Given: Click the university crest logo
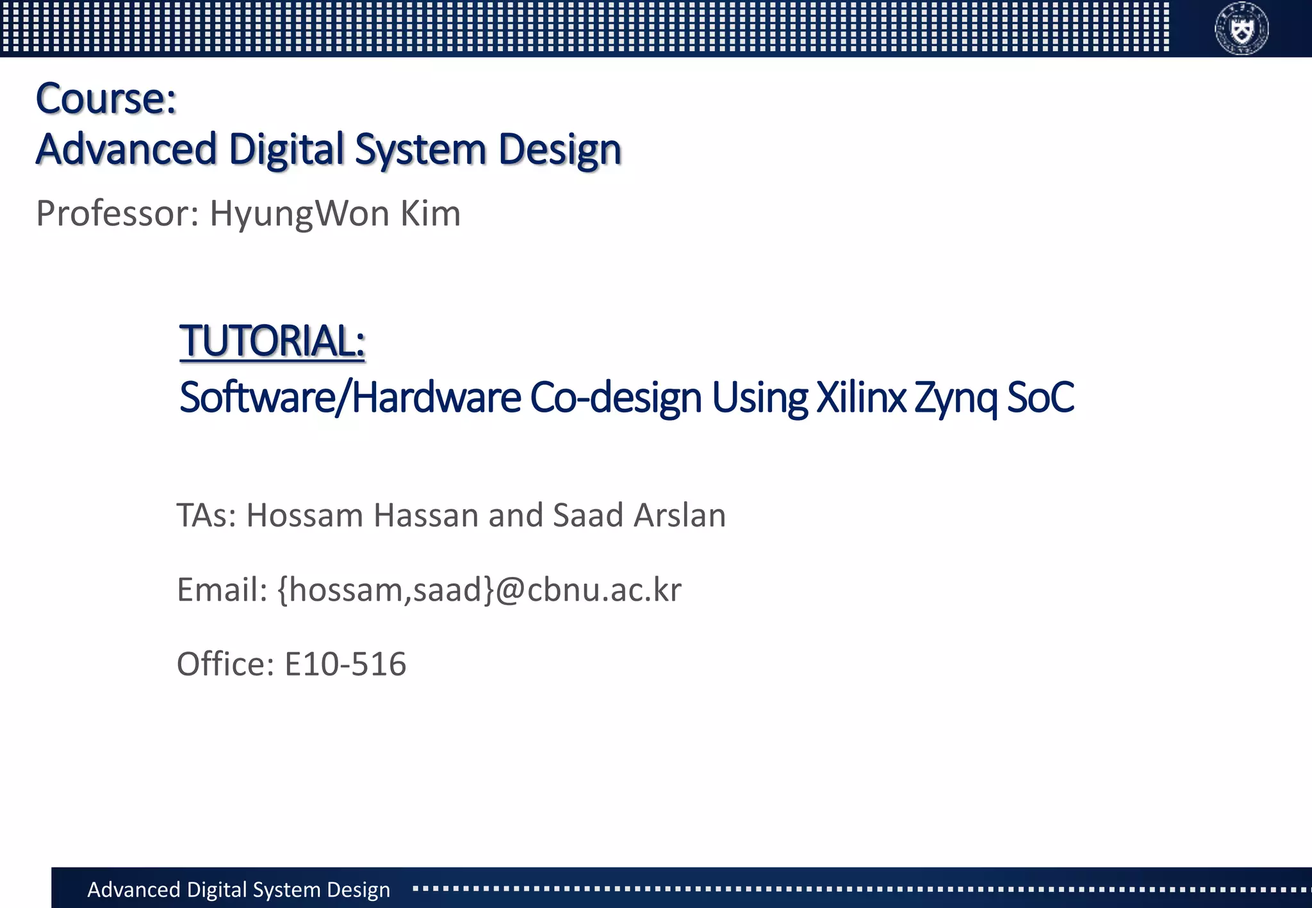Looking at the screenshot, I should [x=1242, y=28].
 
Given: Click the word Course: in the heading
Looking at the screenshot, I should [x=106, y=99].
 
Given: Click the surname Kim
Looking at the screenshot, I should [x=430, y=214].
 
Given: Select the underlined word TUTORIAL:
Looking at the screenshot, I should [x=272, y=341].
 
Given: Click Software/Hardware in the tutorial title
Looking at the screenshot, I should [x=350, y=398].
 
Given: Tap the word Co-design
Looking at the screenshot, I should [x=616, y=398].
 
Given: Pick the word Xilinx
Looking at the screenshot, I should [x=861, y=398].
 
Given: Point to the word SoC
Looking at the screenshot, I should [x=1040, y=398].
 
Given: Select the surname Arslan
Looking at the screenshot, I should [x=680, y=515].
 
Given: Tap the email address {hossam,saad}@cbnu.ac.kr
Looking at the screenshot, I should [x=480, y=590].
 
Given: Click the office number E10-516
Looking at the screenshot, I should [x=345, y=664].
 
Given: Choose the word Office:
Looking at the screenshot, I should [x=225, y=664].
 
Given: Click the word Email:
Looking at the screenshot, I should [x=222, y=590].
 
